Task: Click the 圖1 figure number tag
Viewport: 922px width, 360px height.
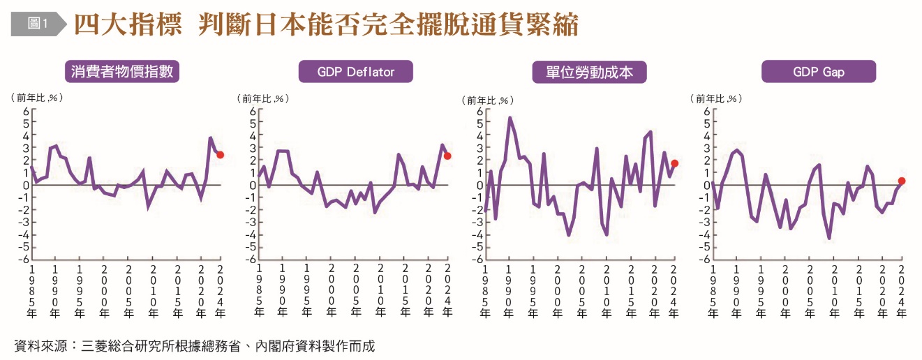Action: click(x=36, y=24)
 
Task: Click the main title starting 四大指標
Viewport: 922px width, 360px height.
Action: click(x=326, y=24)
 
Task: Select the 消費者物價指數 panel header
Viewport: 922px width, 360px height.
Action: click(x=122, y=71)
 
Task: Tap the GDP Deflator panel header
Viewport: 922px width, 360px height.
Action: click(x=355, y=71)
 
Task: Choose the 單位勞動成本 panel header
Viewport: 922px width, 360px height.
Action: click(x=589, y=72)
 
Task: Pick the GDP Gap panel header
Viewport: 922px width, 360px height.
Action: click(x=818, y=71)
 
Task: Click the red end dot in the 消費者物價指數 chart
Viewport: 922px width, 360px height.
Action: click(x=221, y=155)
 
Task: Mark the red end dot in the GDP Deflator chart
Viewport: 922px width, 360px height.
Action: click(x=447, y=156)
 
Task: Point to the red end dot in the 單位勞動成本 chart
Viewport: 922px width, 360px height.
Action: click(x=674, y=163)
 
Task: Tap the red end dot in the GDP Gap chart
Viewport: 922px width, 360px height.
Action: click(x=902, y=181)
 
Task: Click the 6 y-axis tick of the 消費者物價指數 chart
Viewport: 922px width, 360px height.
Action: click(x=26, y=111)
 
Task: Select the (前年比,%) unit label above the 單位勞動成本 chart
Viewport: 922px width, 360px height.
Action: click(x=489, y=100)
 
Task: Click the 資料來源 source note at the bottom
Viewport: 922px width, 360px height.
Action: click(x=195, y=346)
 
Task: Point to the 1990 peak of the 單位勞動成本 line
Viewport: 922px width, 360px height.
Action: click(x=510, y=118)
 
